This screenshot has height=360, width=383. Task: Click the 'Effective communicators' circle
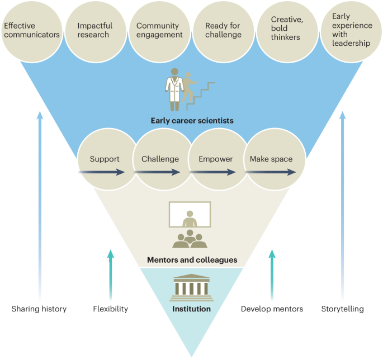(32, 30)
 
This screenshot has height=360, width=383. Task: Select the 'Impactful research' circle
(95, 30)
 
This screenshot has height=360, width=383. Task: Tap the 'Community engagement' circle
(159, 30)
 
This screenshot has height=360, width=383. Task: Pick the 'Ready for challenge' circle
(223, 30)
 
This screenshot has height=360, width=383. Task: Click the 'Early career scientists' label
(192, 120)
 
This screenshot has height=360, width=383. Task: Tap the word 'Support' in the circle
(105, 159)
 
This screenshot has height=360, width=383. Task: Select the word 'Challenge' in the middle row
(160, 159)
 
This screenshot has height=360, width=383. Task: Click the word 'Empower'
(215, 159)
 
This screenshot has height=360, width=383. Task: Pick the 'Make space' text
(271, 159)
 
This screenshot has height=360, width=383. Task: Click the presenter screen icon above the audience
(190, 215)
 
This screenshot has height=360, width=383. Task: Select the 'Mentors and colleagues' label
(192, 260)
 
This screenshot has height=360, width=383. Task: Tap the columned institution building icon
(191, 285)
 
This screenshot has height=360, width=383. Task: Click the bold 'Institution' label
(191, 309)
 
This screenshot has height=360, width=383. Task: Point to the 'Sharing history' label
(39, 309)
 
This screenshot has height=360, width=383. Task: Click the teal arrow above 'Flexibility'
(111, 274)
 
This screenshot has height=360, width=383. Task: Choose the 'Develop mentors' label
(272, 309)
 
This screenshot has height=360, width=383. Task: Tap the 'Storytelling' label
(342, 309)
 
